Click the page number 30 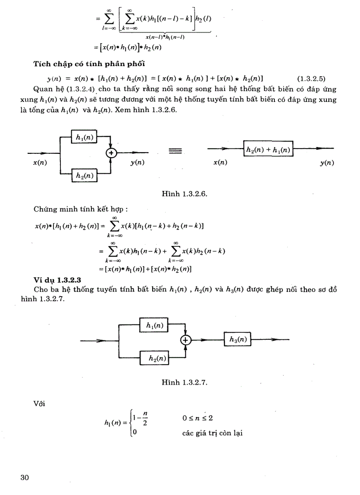pos(24,478)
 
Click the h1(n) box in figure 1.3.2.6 pos(84,138)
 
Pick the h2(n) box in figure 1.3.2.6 pos(84,175)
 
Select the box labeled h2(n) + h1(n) pos(268,150)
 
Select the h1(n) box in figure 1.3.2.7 pos(154,325)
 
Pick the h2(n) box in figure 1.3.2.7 pos(154,358)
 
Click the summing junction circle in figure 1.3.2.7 pos(186,340)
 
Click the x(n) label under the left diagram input pos(40,163)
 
